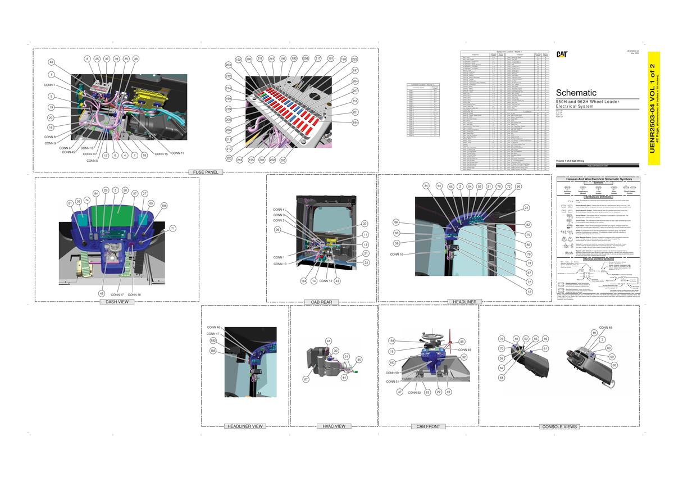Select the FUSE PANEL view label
(207, 172)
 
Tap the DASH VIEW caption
(117, 302)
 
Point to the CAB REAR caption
(321, 302)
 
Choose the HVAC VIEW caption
(334, 426)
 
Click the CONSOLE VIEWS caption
(559, 427)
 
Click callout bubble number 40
(51, 62)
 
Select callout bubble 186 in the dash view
(164, 206)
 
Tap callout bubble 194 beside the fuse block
(355, 122)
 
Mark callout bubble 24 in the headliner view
(526, 208)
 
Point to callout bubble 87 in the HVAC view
(306, 380)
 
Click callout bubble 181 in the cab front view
(391, 340)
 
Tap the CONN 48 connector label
(606, 328)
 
